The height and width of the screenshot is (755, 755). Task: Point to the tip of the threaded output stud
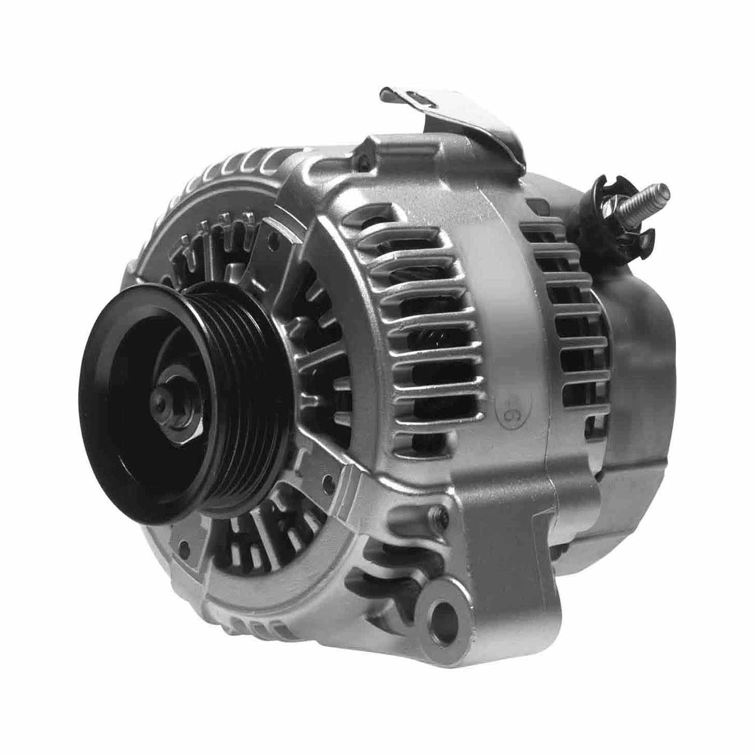point(665,191)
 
